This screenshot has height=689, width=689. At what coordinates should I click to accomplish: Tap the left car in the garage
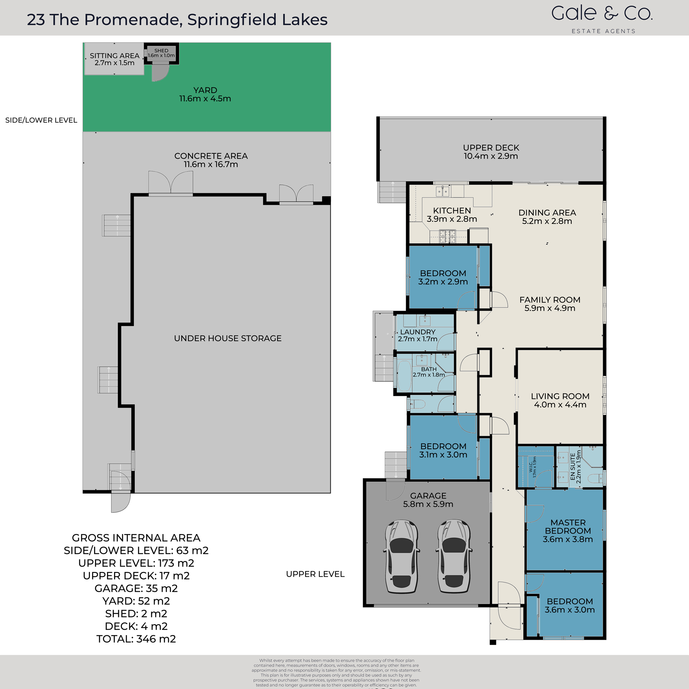(x=402, y=556)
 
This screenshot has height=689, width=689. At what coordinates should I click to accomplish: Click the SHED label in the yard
(x=161, y=51)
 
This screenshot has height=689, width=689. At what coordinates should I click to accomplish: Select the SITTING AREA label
(x=114, y=56)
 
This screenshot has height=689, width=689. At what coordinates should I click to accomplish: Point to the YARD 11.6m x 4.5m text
(x=205, y=94)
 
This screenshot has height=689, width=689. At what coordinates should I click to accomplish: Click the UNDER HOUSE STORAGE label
(x=227, y=338)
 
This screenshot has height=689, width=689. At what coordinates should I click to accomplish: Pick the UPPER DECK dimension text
(x=491, y=156)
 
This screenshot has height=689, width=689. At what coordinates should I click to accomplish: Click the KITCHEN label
(x=452, y=211)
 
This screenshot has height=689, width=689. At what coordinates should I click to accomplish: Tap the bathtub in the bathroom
(x=404, y=376)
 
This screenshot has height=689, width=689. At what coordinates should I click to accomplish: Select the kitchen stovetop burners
(x=447, y=236)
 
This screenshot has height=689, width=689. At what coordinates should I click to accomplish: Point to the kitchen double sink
(x=443, y=192)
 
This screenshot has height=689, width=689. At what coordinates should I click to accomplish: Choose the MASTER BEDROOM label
(x=568, y=527)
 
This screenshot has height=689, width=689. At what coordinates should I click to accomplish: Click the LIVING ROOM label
(x=560, y=396)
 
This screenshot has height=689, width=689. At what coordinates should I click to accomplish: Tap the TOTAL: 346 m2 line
(x=136, y=639)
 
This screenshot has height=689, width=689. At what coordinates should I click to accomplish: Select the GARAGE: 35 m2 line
(x=136, y=588)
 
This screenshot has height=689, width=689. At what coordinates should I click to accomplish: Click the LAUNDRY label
(x=418, y=332)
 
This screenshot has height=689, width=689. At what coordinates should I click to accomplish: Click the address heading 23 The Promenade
(x=177, y=20)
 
